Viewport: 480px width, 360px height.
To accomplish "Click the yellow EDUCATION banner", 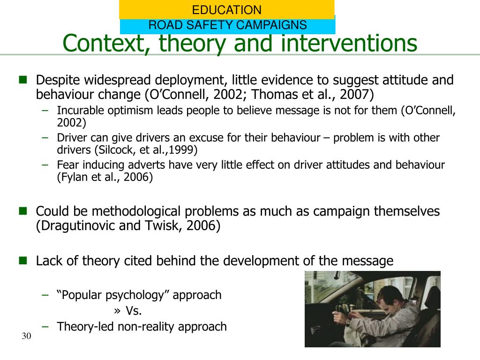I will [x=226, y=9].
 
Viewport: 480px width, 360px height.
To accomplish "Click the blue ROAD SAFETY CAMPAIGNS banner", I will [x=227, y=25].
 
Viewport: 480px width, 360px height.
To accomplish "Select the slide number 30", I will [x=26, y=337].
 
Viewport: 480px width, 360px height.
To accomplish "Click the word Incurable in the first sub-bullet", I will [x=78, y=111].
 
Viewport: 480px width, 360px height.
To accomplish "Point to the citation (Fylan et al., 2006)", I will [x=105, y=178].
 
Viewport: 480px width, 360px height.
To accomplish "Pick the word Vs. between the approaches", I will [x=134, y=311].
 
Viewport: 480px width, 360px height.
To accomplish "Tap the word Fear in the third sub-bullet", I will [x=67, y=165].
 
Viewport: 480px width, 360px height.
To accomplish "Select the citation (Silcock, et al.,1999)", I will [x=146, y=150].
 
